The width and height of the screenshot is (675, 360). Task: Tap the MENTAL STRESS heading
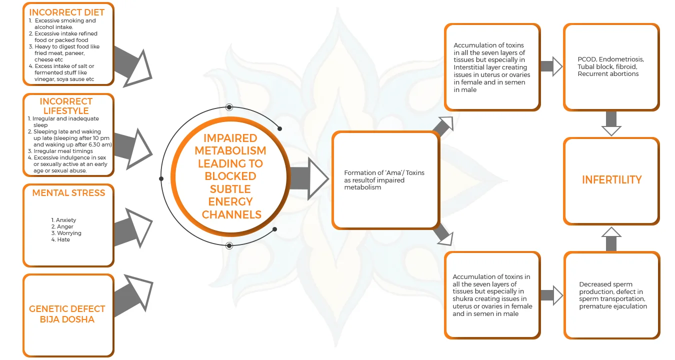[68, 193]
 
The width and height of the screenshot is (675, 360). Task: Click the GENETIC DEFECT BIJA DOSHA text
[67, 314]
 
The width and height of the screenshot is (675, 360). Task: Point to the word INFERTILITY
[611, 179]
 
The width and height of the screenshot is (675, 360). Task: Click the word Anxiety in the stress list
[66, 220]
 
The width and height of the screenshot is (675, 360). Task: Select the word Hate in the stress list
[63, 239]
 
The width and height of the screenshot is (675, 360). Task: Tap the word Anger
[65, 226]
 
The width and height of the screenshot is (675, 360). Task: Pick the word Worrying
[69, 233]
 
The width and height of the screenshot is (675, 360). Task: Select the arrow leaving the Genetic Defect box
[133, 297]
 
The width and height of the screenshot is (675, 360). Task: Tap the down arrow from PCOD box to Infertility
[611, 123]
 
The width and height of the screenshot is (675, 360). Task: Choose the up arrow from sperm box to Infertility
[611, 239]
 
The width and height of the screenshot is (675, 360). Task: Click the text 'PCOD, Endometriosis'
[607, 59]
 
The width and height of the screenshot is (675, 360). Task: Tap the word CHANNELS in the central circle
[231, 214]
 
